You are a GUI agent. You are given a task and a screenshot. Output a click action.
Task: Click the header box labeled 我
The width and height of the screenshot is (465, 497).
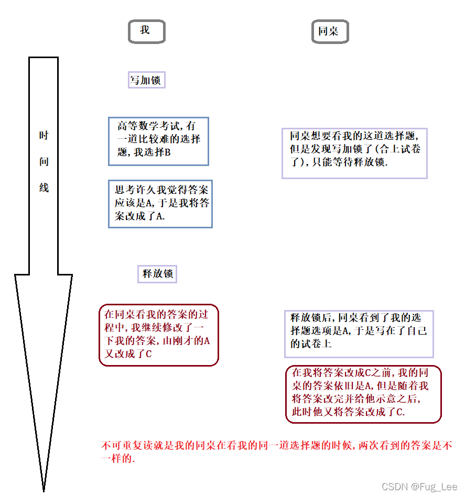coord(146,31)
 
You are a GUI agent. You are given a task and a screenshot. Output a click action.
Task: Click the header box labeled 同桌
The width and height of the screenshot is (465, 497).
coord(329,31)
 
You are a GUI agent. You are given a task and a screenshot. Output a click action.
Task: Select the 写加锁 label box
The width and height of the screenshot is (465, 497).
coord(147,80)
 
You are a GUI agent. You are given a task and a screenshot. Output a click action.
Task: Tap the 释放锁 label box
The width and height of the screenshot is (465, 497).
coord(157,274)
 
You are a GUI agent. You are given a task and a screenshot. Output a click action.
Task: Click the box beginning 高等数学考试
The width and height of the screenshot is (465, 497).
coord(158,141)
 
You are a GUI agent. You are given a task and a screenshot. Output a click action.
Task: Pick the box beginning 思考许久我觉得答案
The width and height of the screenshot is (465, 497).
coord(160,204)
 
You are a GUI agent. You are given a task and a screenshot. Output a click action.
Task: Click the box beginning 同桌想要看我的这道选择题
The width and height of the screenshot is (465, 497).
coord(354,153)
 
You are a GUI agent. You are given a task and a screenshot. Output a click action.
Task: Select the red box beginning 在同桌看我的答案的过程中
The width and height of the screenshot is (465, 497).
coord(158,335)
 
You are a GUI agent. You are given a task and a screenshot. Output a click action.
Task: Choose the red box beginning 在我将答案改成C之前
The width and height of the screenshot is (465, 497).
coord(363,394)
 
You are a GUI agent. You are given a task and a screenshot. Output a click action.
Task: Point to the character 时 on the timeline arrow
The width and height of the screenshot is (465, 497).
coord(44,136)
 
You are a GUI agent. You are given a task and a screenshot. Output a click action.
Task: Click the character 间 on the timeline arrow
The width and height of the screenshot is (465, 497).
coord(44,162)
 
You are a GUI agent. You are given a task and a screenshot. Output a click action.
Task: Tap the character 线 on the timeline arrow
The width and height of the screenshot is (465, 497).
coord(44,187)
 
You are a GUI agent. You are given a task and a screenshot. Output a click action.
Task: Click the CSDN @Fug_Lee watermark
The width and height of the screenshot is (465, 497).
coord(419,487)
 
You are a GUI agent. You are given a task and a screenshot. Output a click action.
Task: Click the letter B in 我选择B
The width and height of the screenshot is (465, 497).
coord(168,153)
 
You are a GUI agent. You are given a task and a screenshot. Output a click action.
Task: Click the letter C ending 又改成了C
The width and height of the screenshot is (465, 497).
coord(149,354)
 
